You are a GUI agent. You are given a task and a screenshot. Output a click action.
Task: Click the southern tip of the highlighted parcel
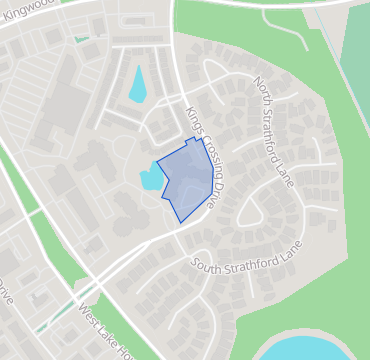(179, 220)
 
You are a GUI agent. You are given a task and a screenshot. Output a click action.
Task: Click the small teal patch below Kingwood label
(81, 39)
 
